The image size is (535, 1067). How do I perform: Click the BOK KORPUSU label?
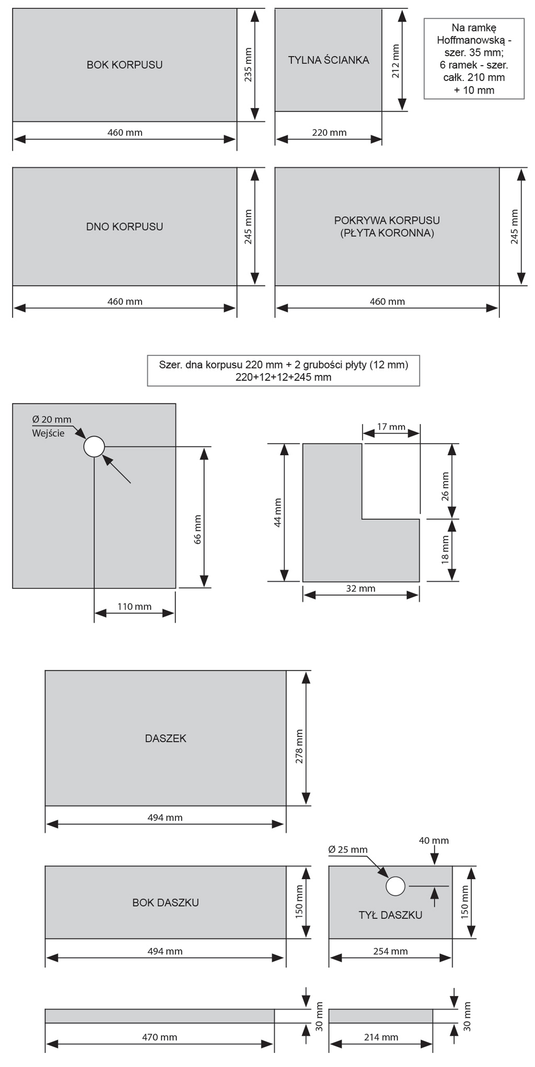tap(124, 65)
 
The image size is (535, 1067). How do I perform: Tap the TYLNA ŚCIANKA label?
tap(329, 60)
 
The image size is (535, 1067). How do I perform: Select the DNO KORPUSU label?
tap(124, 227)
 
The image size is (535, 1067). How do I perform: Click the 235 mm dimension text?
tap(248, 65)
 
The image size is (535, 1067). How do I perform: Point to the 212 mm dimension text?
tap(396, 61)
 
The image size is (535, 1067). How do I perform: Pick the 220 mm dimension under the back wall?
tap(329, 133)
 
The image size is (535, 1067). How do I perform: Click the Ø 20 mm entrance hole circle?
tap(94, 447)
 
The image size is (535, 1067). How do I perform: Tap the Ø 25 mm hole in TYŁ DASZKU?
tap(396, 886)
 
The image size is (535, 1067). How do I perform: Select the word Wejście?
tap(48, 433)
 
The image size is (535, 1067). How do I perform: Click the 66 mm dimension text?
tap(197, 530)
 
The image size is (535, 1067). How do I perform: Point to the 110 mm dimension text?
tap(134, 607)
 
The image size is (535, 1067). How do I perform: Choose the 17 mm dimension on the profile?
tap(391, 427)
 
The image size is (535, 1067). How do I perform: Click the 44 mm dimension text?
tap(278, 513)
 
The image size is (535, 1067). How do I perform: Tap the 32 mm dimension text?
tap(360, 588)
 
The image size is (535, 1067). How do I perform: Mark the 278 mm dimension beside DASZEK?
tap(299, 746)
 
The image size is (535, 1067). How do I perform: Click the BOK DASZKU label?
tap(165, 902)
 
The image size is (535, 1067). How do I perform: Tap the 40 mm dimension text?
tap(434, 840)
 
